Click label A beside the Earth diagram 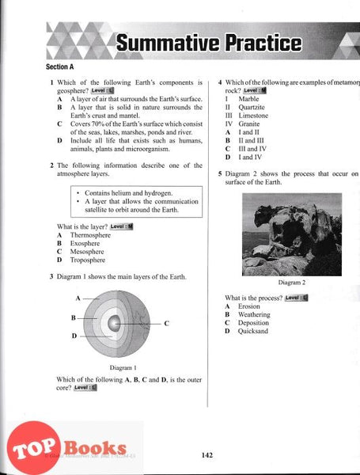coord(78,298)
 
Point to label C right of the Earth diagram coord(167,324)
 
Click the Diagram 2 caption coord(292,282)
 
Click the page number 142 coord(208,454)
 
